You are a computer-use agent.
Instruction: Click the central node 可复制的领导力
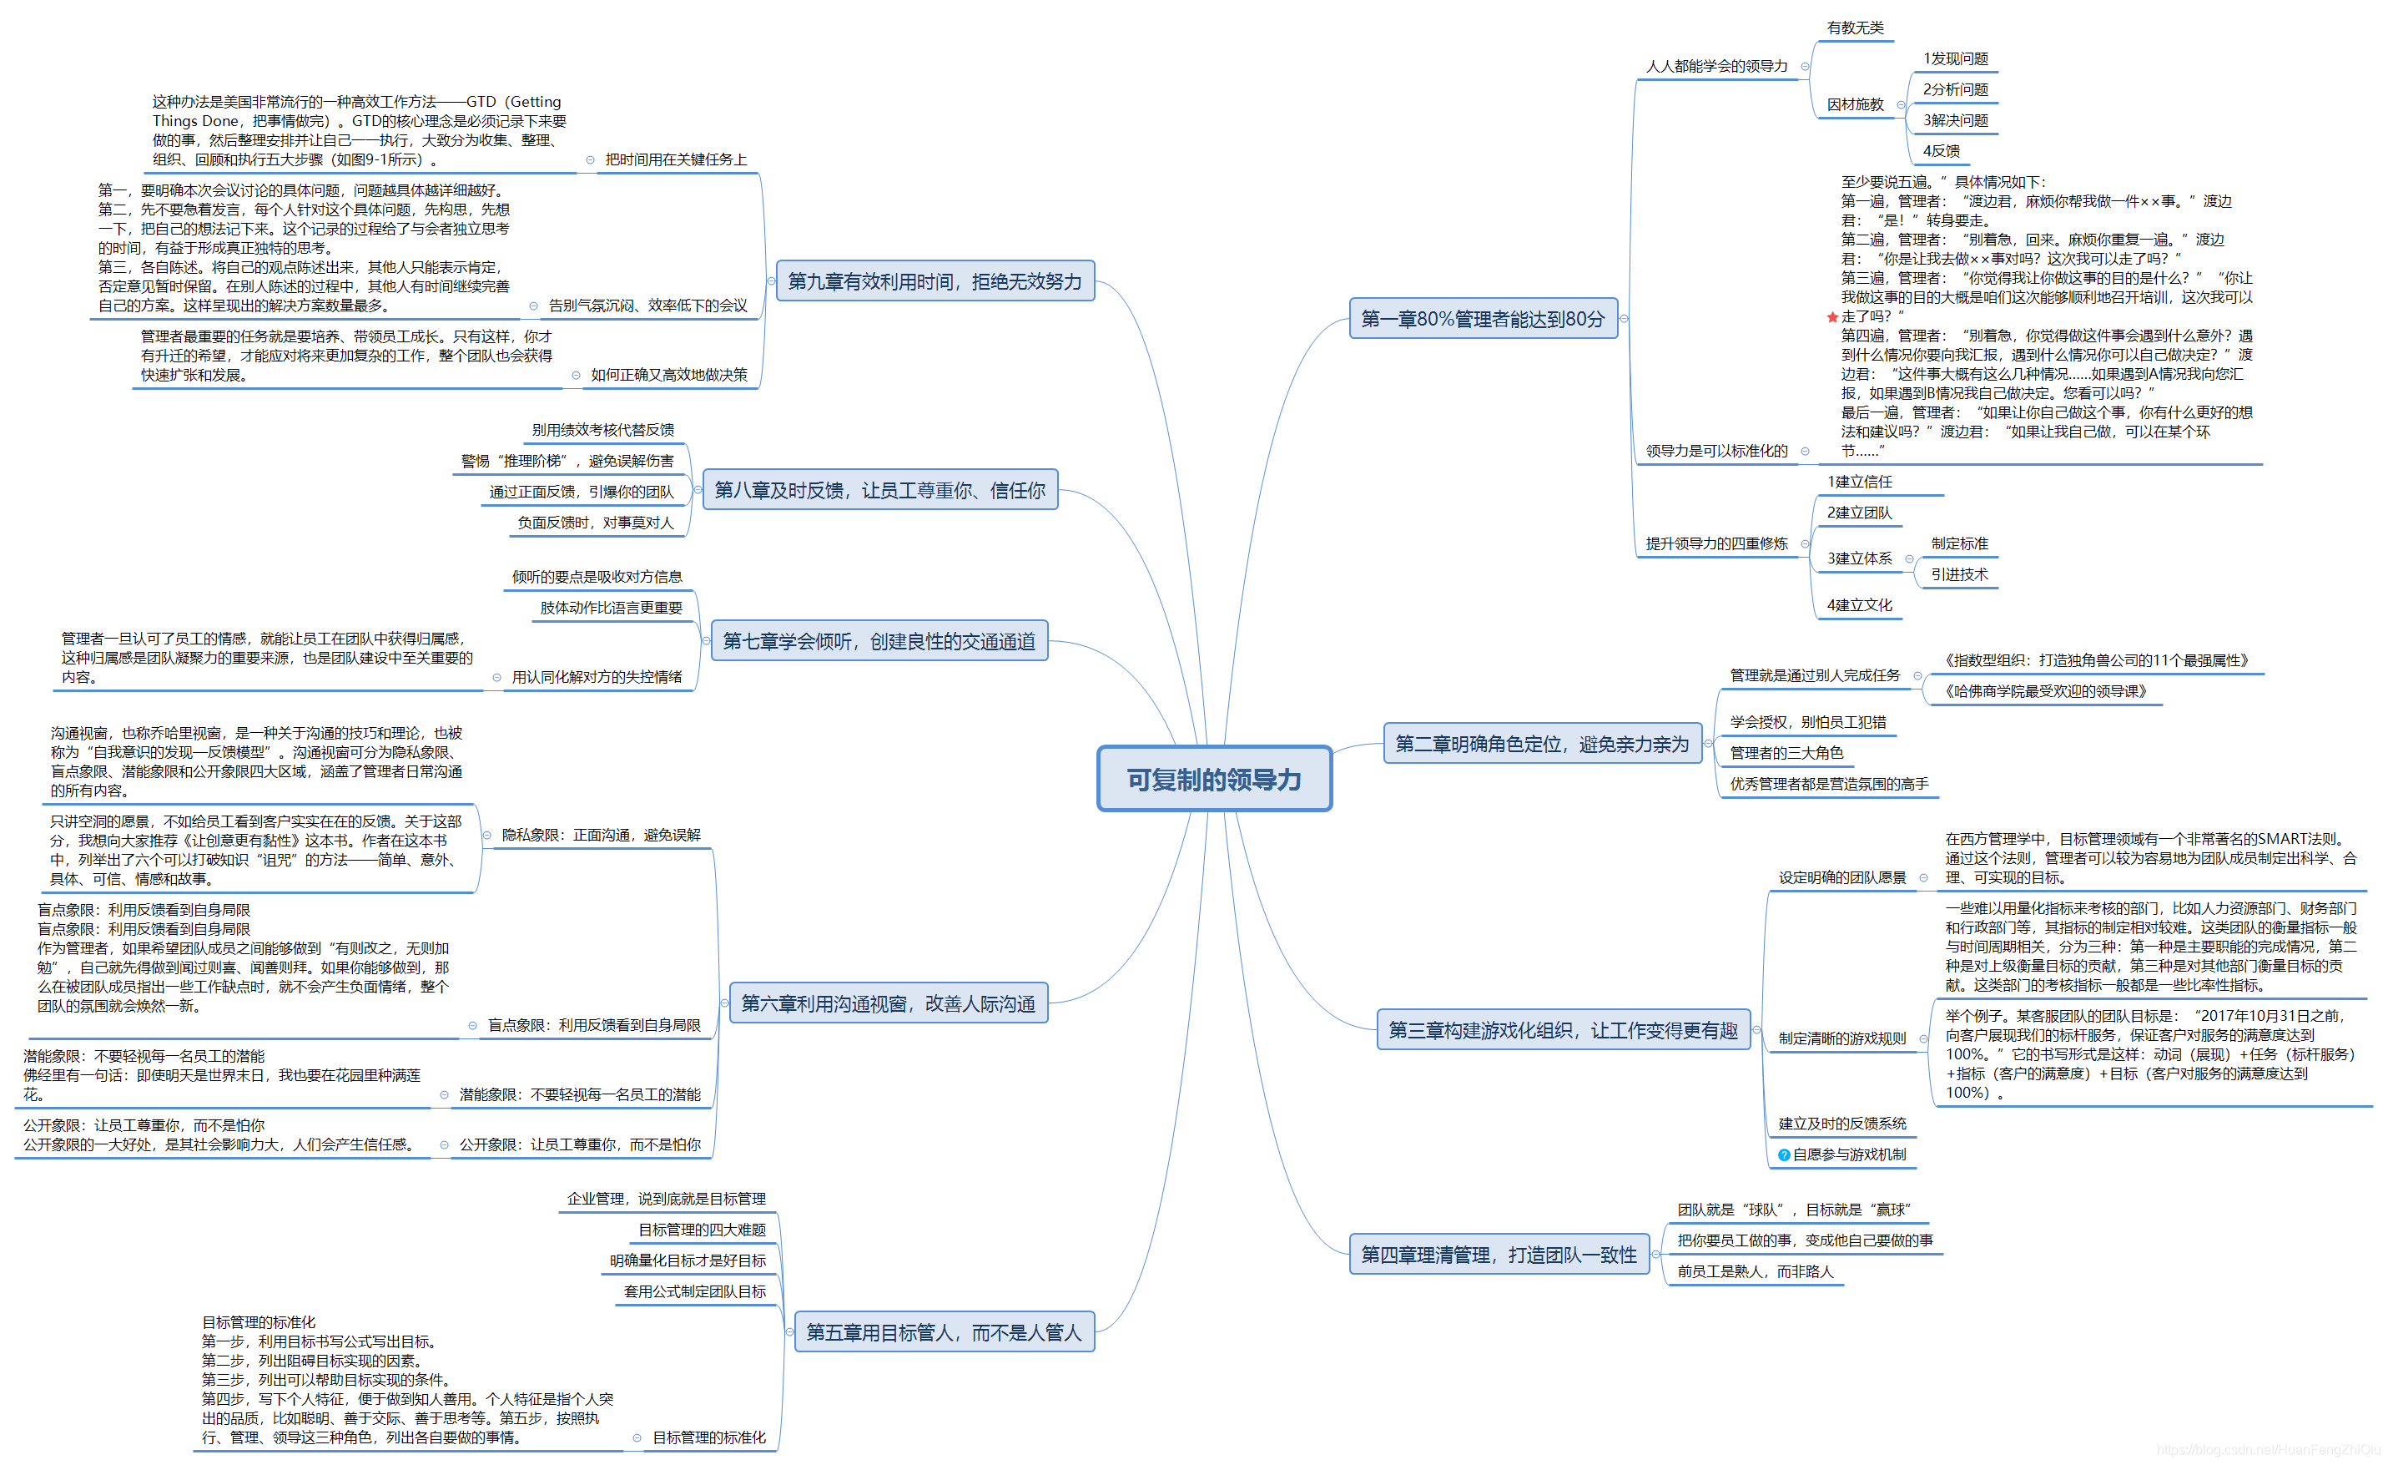[x=1213, y=779]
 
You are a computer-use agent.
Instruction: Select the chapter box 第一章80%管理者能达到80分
[x=1483, y=319]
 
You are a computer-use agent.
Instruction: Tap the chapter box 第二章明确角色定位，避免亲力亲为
[x=1541, y=744]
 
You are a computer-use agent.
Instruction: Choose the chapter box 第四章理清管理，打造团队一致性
[x=1499, y=1255]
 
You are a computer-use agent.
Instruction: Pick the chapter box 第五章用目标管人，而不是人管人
[x=943, y=1332]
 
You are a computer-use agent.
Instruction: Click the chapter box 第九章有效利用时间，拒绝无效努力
[x=935, y=281]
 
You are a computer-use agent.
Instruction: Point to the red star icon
[x=1831, y=317]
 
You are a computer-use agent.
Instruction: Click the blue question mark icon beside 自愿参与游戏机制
[x=1783, y=1154]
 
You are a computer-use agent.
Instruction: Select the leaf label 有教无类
[x=1855, y=28]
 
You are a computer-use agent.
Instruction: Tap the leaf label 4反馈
[x=1942, y=151]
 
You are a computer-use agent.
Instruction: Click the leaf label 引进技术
[x=1958, y=575]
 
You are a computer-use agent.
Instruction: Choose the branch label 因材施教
[x=1855, y=104]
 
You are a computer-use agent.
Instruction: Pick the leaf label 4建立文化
[x=1859, y=605]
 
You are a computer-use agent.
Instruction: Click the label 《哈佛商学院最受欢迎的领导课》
[x=2045, y=691]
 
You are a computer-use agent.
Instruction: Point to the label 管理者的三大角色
[x=1786, y=752]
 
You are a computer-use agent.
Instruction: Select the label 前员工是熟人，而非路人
[x=1756, y=1271]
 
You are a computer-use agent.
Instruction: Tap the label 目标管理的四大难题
[x=702, y=1230]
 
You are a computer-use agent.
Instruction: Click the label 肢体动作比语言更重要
[x=611, y=608]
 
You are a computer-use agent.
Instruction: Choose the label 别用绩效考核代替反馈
[x=602, y=430]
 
